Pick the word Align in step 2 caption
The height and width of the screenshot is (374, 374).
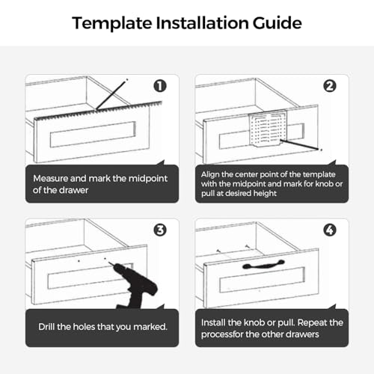coord(212,174)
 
